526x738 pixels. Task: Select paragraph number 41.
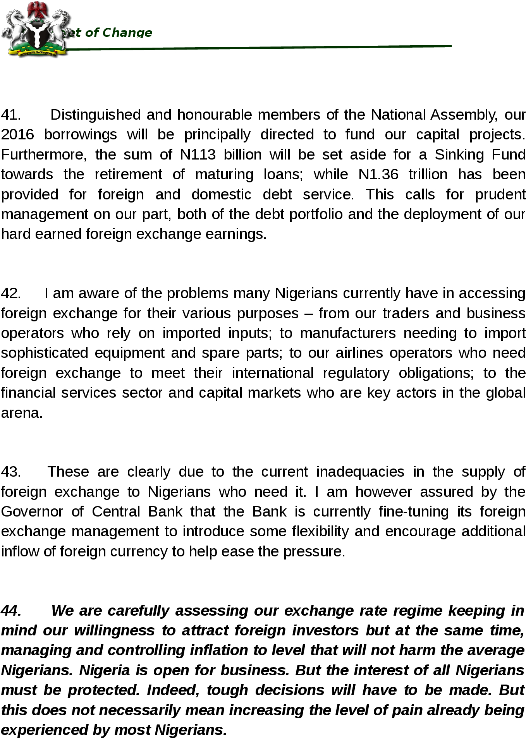tap(10, 115)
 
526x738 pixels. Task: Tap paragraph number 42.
tap(10, 293)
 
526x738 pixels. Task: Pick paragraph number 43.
tap(10, 472)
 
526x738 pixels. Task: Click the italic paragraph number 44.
tap(10, 611)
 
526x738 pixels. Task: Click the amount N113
tap(198, 155)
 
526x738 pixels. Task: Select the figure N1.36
tap(378, 175)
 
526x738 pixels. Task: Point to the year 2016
tap(17, 135)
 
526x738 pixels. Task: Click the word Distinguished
tap(96, 115)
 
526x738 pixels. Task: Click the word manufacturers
tap(347, 333)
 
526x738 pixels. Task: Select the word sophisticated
tap(45, 353)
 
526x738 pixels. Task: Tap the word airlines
tap(359, 353)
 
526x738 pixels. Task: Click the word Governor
tap(32, 512)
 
